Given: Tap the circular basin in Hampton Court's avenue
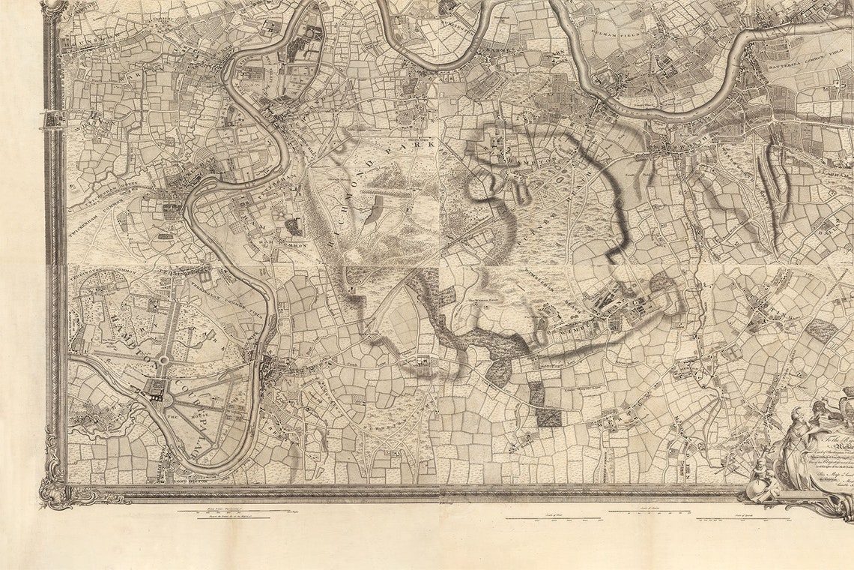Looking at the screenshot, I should pos(163,360).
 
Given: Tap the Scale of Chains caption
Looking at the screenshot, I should pos(651,510).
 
